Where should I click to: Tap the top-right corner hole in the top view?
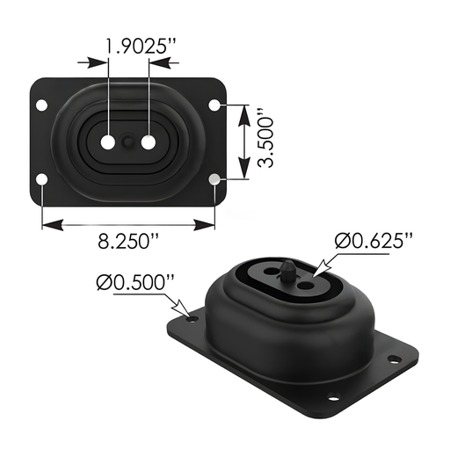click(215, 106)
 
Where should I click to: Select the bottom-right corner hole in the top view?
click(215, 180)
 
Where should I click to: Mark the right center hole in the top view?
click(148, 142)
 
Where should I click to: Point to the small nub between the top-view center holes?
click(128, 142)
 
